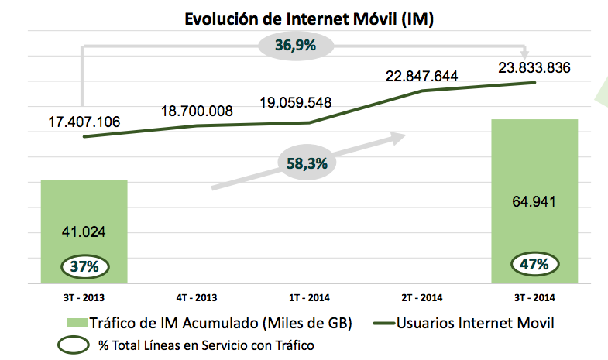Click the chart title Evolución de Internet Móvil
[308, 19]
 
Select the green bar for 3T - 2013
[84, 209]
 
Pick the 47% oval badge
[535, 264]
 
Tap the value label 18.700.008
[197, 111]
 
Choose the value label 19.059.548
[308, 102]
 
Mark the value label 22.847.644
[422, 76]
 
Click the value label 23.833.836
[534, 67]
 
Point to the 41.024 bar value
[84, 231]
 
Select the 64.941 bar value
[534, 201]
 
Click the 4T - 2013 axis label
[196, 297]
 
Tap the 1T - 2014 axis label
[309, 297]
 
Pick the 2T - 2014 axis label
[422, 297]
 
